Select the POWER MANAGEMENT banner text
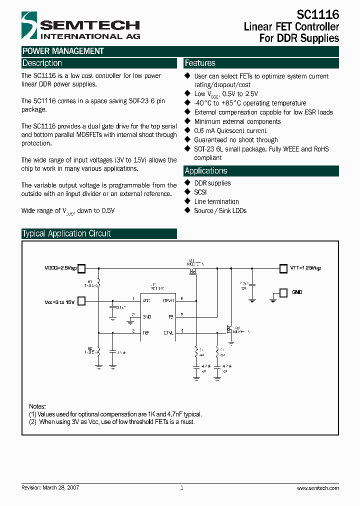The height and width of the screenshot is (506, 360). coord(63,51)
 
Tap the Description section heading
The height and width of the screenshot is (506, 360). coord(42,63)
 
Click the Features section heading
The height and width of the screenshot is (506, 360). coord(200,63)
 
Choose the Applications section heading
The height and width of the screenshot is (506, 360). coord(205,170)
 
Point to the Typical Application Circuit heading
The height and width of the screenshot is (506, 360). coord(66,233)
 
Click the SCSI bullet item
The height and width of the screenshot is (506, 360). coord(200,192)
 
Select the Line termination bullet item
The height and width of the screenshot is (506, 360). coord(216,201)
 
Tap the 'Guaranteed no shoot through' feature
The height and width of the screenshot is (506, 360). coord(235,140)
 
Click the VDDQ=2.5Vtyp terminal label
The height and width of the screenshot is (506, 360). coord(60,268)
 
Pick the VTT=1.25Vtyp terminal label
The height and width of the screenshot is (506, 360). coord(305,268)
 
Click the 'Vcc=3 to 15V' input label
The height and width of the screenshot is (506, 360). coord(59,301)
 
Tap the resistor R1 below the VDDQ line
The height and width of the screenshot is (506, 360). coord(99,283)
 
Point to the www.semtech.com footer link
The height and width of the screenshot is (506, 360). coord(317,488)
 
